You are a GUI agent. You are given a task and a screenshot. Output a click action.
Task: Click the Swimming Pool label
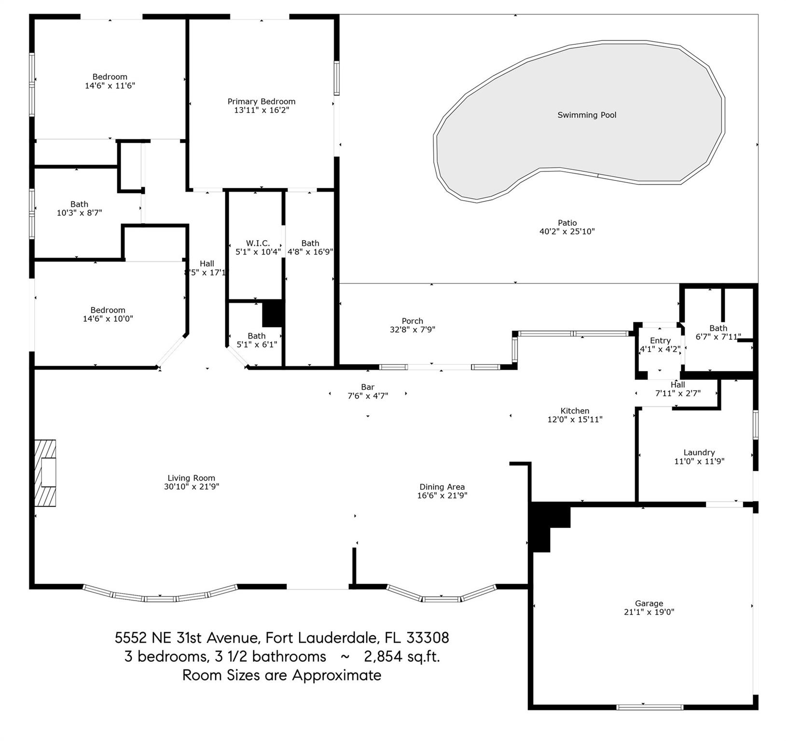point(587,115)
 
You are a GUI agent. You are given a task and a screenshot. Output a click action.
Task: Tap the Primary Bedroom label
point(262,101)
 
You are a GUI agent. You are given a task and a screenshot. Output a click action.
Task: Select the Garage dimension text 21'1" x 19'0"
point(649,612)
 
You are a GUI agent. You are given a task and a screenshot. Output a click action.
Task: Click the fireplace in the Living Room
point(45,473)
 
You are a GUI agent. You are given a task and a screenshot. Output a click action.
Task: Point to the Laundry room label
point(699,453)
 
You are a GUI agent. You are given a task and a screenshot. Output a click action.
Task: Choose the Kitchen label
point(575,411)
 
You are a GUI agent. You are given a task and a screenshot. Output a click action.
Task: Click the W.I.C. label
point(258,243)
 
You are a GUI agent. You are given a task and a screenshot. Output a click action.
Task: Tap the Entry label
point(660,341)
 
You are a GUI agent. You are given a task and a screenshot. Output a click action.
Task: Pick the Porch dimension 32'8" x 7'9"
point(413,329)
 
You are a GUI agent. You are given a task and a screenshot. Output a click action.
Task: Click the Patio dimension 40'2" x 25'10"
point(567,231)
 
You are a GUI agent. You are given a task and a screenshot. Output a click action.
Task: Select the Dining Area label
point(442,487)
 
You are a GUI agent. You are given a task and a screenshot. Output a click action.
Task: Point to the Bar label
point(368,387)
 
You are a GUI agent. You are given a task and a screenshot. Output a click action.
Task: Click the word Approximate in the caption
point(336,675)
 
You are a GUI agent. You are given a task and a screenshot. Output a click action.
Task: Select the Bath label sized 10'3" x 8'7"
point(79,204)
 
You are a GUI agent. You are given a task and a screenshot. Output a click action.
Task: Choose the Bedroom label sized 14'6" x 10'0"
point(108,310)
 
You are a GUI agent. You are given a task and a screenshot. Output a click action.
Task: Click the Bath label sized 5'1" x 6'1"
point(257,336)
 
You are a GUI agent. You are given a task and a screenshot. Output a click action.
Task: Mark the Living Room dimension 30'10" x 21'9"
point(192,487)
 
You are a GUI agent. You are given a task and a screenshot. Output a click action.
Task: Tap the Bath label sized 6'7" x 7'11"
point(718,328)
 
